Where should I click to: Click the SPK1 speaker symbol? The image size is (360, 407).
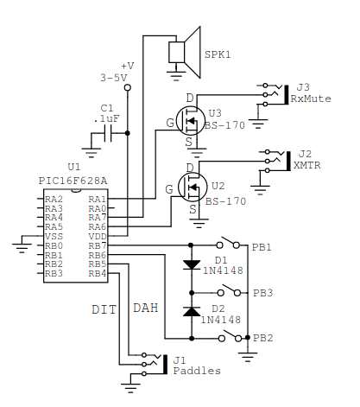coord(185,53)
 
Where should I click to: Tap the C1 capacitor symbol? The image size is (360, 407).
coord(108,133)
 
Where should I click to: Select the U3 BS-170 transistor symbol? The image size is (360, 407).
coord(190,121)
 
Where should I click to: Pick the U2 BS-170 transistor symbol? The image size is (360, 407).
coord(193,187)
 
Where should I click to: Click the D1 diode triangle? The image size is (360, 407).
coord(192,264)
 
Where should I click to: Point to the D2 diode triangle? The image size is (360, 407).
coord(192,311)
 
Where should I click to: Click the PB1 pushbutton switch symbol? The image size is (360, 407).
coord(228,243)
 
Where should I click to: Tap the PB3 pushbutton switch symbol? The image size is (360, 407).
coord(229,290)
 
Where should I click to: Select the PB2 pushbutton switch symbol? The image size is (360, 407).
coord(230,335)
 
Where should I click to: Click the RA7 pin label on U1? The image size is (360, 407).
coord(98,217)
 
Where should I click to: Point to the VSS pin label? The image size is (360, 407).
coord(54,237)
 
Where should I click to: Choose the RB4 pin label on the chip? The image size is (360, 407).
coord(98,273)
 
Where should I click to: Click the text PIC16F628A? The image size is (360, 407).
coord(73,181)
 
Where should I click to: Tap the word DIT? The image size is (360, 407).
coord(104,309)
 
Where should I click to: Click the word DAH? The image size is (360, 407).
coord(146,308)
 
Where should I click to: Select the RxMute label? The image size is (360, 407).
coord(311,99)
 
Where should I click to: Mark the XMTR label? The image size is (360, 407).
coord(307,165)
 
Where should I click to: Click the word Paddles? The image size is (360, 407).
coord(197,371)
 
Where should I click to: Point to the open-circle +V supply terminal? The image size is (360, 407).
coord(128,87)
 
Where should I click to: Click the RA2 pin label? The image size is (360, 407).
coord(54,199)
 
